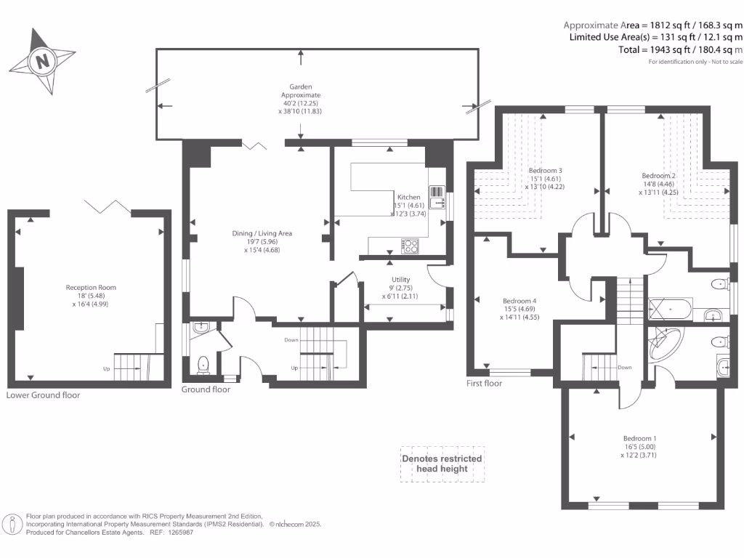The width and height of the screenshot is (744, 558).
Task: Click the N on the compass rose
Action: [43, 61]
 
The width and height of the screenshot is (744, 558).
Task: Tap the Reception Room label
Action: [91, 288]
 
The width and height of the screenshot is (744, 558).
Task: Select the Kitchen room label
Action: [408, 197]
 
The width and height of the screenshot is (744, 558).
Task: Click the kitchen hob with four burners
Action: [410, 246]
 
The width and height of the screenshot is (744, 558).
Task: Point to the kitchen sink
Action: [437, 198]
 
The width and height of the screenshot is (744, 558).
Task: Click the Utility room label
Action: [400, 280]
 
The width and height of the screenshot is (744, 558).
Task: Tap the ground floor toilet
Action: [203, 365]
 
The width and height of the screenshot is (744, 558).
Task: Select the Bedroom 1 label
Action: [639, 438]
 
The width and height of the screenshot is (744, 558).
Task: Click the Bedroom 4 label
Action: [519, 301]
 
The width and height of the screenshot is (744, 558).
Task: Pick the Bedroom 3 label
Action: [545, 170]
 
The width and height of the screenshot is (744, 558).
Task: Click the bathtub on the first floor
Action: [671, 310]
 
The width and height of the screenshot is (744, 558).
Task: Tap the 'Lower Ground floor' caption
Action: [43, 395]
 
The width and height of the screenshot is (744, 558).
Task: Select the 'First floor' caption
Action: [484, 384]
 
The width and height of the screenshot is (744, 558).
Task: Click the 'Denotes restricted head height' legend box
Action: [442, 464]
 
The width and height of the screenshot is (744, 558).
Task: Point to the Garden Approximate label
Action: [301, 91]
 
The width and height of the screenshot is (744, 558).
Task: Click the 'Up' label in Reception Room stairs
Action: [107, 368]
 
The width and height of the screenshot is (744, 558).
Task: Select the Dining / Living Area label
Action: [262, 233]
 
